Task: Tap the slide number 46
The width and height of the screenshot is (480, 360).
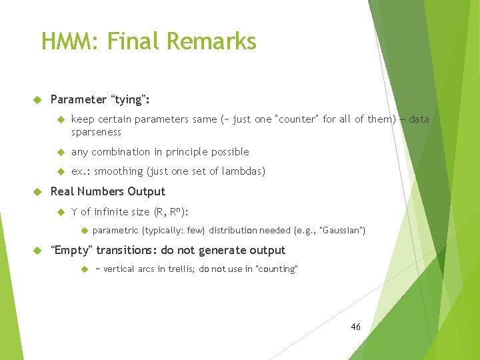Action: click(x=355, y=327)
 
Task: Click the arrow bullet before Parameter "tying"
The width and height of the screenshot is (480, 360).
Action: click(x=37, y=99)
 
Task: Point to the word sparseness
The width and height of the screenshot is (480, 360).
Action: click(x=96, y=132)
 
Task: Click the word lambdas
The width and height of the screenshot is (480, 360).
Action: click(x=244, y=171)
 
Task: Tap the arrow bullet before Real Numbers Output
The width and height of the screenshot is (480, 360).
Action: click(x=37, y=191)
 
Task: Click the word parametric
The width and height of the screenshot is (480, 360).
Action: click(x=115, y=231)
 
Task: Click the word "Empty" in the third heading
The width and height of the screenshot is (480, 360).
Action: click(x=72, y=250)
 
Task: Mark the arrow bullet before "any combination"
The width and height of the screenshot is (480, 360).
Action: click(x=59, y=152)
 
